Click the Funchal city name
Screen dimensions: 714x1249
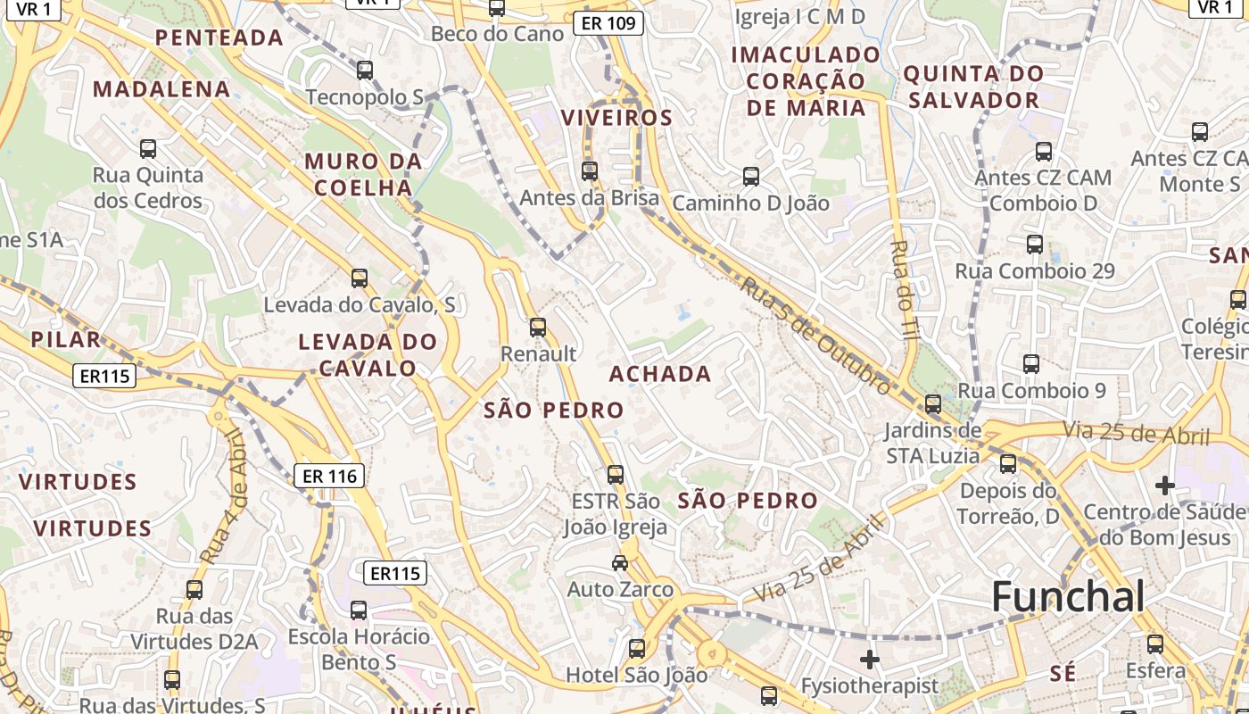(x=1067, y=596)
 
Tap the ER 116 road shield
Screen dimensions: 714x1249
(x=330, y=477)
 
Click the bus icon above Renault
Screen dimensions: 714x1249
(x=538, y=328)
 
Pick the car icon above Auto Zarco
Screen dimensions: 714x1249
(x=620, y=562)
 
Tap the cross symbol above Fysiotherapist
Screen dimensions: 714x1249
(x=869, y=660)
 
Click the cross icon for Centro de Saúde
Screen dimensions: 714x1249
(x=1164, y=486)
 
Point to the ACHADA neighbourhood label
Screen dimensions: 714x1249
(x=660, y=374)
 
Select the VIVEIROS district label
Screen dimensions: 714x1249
(x=616, y=118)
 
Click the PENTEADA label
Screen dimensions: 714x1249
(x=219, y=37)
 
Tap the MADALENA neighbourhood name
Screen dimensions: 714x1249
(x=161, y=89)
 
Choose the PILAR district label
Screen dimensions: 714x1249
(x=66, y=339)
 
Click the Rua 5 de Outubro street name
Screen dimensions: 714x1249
(x=815, y=336)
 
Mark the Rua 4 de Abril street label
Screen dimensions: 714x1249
(x=221, y=495)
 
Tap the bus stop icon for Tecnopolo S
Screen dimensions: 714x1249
(x=364, y=71)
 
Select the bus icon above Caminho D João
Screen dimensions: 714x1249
(x=751, y=177)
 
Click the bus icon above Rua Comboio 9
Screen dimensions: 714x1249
(x=1031, y=364)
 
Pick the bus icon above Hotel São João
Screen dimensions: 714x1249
(x=637, y=649)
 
